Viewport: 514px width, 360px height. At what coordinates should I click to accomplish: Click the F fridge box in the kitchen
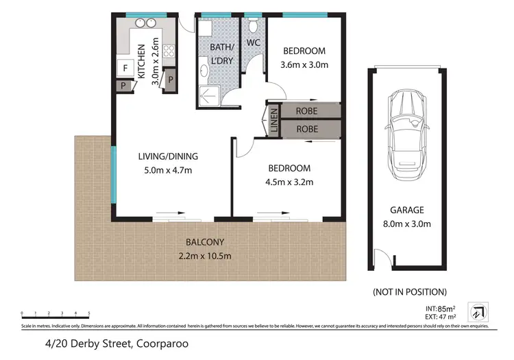[125, 68]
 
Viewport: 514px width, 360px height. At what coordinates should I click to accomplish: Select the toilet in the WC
[254, 27]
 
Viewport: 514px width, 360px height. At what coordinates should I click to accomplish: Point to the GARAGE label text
[408, 211]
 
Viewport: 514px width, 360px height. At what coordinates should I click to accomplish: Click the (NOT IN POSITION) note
[409, 291]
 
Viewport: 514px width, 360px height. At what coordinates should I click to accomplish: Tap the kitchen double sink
[145, 23]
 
